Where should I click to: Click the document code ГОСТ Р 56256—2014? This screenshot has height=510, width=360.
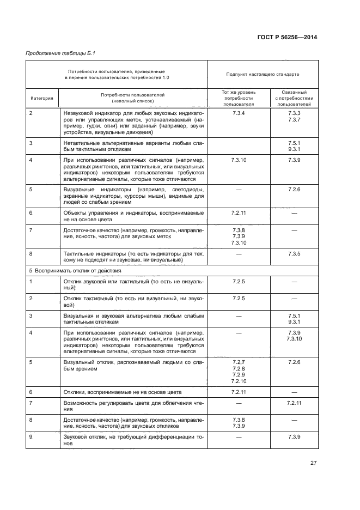(x=286, y=37)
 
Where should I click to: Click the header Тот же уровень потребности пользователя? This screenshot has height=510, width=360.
(x=239, y=98)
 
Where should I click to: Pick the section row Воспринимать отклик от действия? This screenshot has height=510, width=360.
(x=75, y=270)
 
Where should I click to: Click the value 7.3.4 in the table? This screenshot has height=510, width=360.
(x=239, y=113)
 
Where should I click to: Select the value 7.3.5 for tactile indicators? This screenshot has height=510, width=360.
(x=294, y=254)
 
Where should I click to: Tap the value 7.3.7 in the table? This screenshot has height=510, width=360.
(x=294, y=119)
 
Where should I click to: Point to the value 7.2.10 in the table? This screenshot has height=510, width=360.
(x=239, y=381)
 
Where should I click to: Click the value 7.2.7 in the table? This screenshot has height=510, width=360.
(x=239, y=362)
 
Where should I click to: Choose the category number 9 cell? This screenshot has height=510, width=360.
(x=31, y=437)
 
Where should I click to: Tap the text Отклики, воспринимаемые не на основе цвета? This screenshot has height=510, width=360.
(x=122, y=392)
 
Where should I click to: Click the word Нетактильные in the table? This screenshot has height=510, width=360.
(x=82, y=143)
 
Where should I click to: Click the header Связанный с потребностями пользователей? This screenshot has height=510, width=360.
(x=294, y=98)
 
